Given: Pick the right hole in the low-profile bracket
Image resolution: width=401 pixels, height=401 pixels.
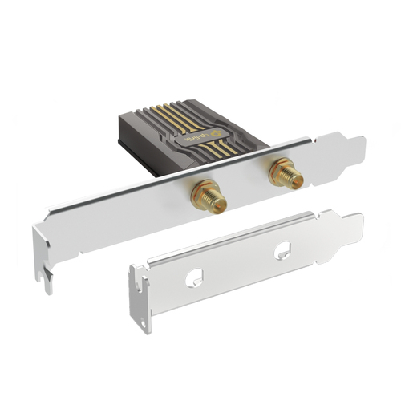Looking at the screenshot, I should coord(282,251).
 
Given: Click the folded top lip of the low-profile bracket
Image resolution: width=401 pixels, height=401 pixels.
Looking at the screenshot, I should coord(241,237).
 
